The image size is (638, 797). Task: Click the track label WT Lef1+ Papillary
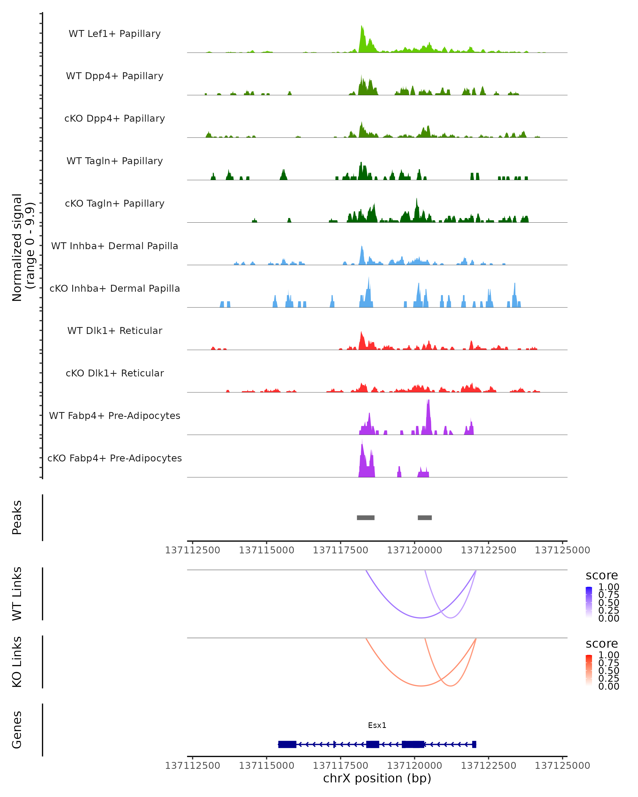click(115, 34)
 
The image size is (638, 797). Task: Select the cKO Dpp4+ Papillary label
click(115, 118)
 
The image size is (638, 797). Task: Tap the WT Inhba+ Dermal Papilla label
click(115, 246)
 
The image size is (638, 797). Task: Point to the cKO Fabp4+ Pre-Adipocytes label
click(115, 458)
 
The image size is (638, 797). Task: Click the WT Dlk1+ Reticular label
click(115, 330)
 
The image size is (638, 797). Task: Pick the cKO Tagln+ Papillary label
click(115, 203)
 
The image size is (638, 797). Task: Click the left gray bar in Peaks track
click(366, 518)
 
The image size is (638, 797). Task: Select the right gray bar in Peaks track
click(425, 518)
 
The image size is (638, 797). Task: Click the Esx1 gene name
click(377, 725)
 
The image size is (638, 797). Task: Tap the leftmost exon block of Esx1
click(287, 744)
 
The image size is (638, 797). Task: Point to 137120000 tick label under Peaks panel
click(414, 550)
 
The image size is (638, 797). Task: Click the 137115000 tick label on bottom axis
click(266, 765)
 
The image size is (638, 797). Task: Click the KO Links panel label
click(17, 662)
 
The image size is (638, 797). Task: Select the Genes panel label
click(17, 730)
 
